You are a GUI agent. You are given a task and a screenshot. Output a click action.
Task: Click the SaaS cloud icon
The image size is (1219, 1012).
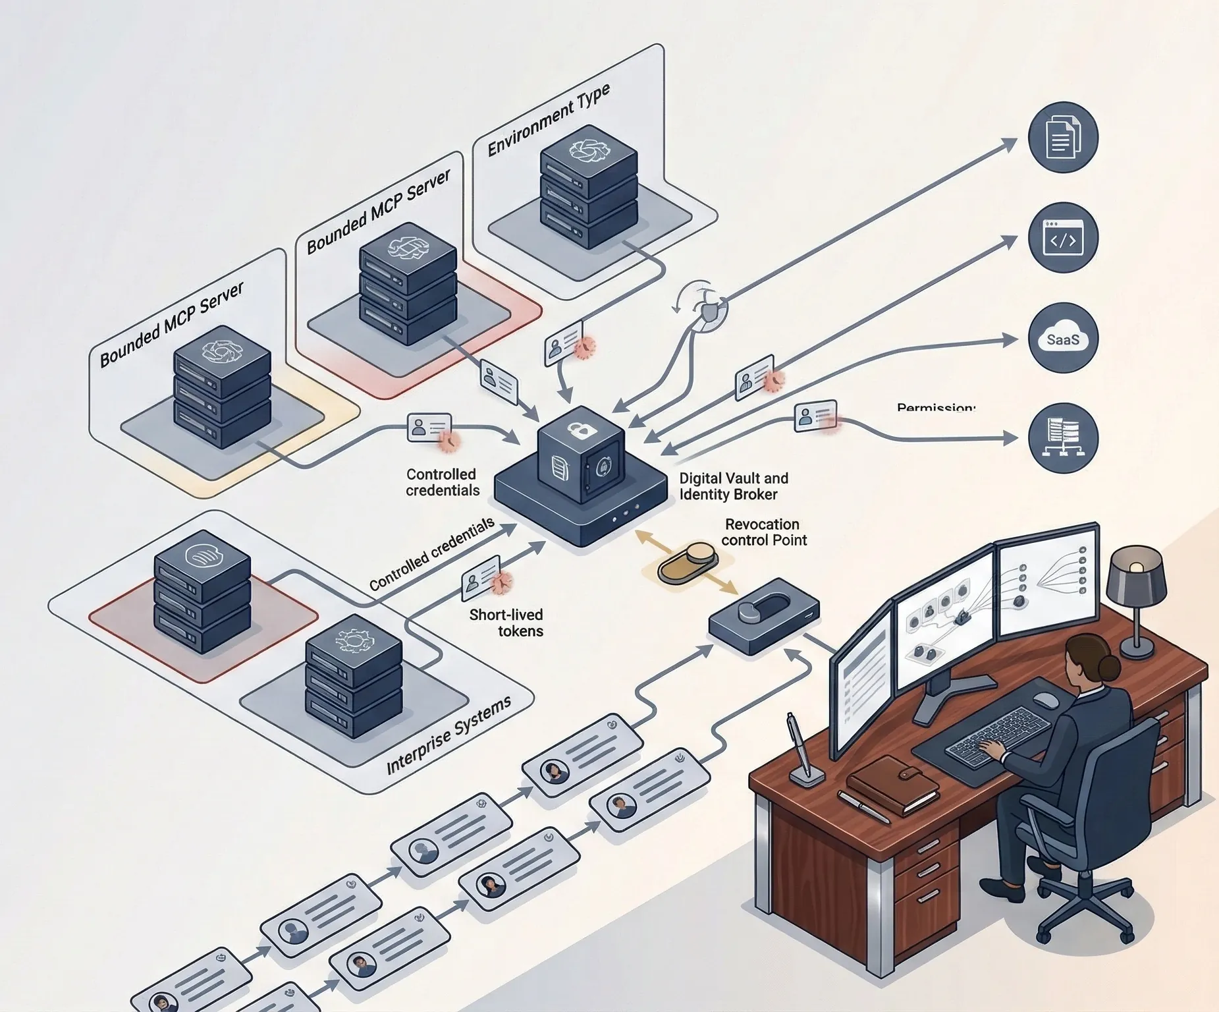pos(1062,338)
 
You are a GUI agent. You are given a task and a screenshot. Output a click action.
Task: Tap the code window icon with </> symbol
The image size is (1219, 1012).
pos(1062,238)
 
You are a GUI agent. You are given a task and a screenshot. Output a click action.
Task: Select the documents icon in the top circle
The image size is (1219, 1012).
pos(1062,137)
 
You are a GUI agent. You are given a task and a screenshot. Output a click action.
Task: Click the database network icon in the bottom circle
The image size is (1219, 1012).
pos(1062,437)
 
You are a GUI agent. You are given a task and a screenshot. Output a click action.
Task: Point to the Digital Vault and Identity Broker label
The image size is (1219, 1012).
pos(733,486)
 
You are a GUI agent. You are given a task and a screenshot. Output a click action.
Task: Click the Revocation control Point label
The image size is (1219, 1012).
pos(763,532)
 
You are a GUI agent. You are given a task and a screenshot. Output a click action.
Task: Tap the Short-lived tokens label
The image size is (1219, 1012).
pos(506,623)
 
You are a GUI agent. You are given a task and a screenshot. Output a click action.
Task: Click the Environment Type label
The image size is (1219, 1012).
pos(549,121)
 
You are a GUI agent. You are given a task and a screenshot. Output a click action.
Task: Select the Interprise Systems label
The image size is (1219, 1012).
pos(448,735)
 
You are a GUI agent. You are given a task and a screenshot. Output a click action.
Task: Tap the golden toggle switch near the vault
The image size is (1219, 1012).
pos(687,561)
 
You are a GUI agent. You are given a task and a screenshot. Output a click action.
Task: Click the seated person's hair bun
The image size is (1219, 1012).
pos(1108,667)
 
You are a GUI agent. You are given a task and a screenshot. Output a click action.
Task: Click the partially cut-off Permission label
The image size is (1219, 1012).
pos(935,408)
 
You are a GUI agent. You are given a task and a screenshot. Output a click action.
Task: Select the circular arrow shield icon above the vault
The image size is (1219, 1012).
pos(707,307)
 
